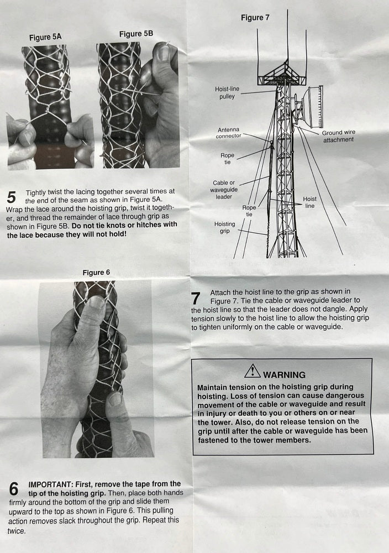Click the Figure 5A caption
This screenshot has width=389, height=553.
[45, 37]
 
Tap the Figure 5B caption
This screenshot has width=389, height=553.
[136, 34]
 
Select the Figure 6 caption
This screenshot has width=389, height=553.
[96, 272]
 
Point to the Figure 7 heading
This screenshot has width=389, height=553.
[255, 18]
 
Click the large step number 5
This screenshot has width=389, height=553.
[11, 197]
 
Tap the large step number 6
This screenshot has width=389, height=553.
[14, 489]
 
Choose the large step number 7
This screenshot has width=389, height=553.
[196, 299]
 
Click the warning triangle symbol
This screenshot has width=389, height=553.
[253, 371]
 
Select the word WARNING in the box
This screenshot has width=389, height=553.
[284, 374]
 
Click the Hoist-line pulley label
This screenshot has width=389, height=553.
[227, 92]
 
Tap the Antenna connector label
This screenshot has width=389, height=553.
[228, 133]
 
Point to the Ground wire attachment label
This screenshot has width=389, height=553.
[338, 136]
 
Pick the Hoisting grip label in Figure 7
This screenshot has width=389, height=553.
[224, 227]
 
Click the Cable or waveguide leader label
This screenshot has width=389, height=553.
[224, 190]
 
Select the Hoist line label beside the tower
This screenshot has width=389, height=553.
[309, 202]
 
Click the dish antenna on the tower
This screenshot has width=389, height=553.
[310, 107]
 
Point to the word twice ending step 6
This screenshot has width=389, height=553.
[16, 531]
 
